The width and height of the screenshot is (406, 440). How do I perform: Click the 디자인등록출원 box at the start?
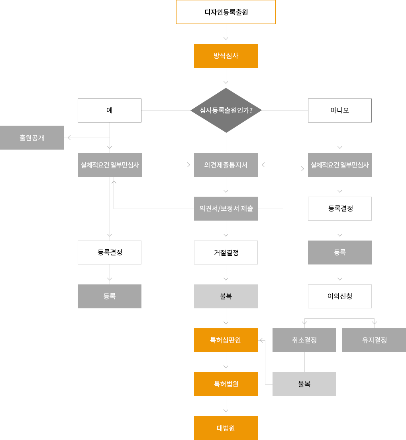(x=226, y=12)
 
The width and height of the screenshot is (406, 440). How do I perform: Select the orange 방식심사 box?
(x=226, y=56)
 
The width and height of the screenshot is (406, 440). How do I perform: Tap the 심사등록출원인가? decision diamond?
(x=226, y=110)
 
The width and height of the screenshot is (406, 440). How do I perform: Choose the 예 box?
(x=110, y=110)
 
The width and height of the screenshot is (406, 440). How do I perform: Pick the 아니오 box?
(x=340, y=110)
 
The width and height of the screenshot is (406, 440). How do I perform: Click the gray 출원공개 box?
(x=32, y=138)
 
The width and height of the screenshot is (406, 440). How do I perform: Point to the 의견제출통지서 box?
(x=226, y=165)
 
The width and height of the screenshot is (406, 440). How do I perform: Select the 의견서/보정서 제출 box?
(x=226, y=209)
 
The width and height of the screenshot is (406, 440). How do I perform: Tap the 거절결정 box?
(x=226, y=253)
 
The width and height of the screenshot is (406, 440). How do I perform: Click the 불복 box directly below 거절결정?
(x=226, y=296)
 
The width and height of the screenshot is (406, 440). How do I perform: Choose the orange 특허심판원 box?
(x=226, y=340)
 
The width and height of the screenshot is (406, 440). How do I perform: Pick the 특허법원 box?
(x=226, y=384)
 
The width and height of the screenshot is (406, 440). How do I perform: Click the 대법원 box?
(x=226, y=428)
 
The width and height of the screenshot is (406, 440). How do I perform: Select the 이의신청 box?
(x=340, y=296)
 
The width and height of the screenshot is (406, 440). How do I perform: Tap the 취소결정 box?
(x=304, y=340)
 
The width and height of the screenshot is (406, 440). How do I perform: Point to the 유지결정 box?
(x=374, y=340)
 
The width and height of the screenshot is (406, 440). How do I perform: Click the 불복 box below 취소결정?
(x=304, y=384)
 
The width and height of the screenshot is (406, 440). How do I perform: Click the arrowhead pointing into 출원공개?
(x=69, y=138)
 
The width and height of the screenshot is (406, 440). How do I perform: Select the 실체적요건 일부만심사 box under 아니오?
(x=340, y=165)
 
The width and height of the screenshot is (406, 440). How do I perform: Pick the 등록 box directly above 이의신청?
(x=340, y=253)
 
